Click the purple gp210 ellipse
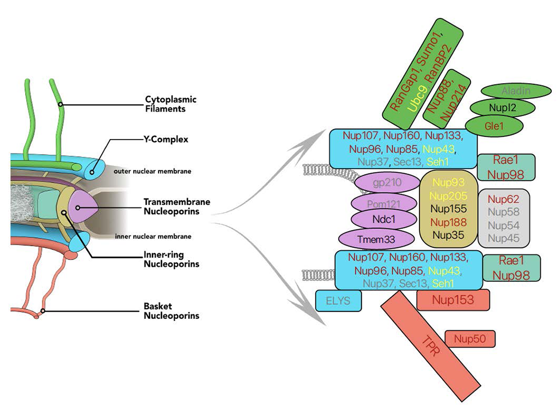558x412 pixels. (x=387, y=183)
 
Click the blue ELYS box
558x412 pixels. (x=338, y=301)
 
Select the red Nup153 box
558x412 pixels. (x=453, y=300)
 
